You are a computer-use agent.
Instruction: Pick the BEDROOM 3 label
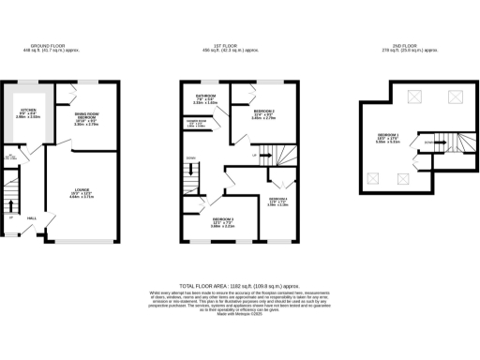click(x=221, y=221)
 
